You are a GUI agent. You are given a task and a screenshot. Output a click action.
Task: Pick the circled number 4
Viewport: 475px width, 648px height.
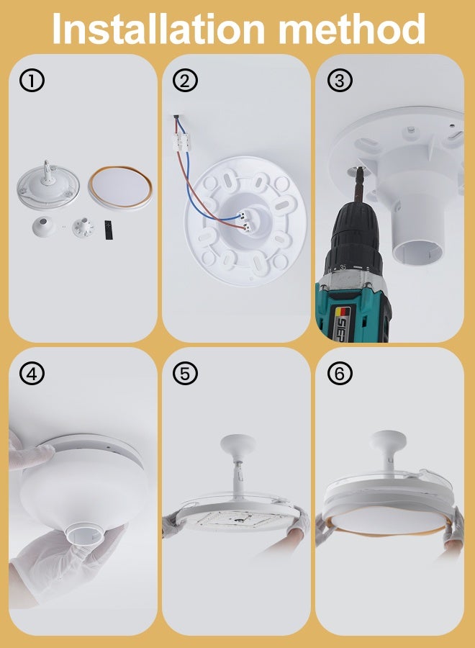[32, 374]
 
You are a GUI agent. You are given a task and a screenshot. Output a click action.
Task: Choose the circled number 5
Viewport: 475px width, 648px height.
[186, 374]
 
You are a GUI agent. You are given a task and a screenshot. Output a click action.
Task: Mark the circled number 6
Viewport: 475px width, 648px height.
[340, 374]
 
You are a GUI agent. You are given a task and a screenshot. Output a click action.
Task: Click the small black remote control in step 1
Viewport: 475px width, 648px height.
[109, 229]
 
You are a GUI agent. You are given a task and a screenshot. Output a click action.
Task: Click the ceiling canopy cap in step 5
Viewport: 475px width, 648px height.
[237, 445]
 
